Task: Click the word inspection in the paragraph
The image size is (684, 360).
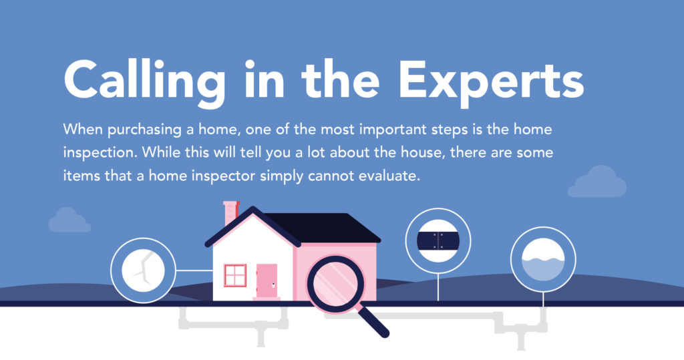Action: [103, 152]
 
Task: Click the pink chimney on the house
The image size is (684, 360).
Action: [230, 212]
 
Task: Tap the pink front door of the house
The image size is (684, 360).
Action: [267, 281]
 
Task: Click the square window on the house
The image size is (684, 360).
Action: [235, 275]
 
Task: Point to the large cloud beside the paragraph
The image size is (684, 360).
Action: [596, 182]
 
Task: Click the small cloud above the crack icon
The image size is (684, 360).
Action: [69, 220]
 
